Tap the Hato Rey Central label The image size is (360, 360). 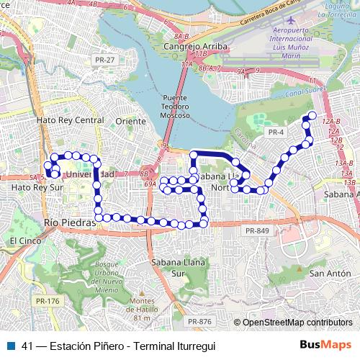(x=70, y=120)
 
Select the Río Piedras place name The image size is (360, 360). (x=69, y=222)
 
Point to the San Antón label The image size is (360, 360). (x=326, y=273)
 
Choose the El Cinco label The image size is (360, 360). (x=22, y=239)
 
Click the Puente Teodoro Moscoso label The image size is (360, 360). (x=175, y=106)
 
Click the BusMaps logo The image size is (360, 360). (x=326, y=345)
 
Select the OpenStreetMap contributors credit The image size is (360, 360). (x=297, y=322)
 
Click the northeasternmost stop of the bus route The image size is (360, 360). (x=312, y=115)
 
